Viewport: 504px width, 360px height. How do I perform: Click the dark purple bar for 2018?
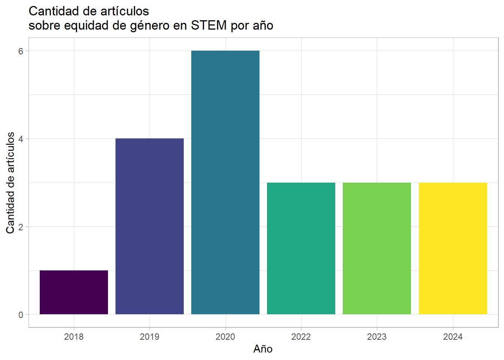[x=74, y=292]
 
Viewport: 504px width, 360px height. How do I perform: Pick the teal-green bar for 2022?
[x=301, y=248]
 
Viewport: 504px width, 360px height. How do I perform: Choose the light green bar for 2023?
[x=377, y=248]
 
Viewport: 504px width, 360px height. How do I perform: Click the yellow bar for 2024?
[x=453, y=248]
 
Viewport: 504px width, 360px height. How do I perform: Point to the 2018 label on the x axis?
[x=74, y=337]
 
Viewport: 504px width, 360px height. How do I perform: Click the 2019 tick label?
[x=150, y=337]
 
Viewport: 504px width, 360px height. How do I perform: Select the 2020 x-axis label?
[x=225, y=337]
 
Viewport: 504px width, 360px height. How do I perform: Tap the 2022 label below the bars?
[x=301, y=337]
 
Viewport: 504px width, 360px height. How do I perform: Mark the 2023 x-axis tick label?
[x=377, y=337]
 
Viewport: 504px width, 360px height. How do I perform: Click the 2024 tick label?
[x=453, y=337]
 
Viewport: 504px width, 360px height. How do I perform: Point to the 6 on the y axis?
[x=21, y=51]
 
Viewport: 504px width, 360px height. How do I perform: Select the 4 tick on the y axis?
[x=21, y=139]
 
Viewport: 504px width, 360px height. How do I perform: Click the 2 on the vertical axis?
[x=21, y=227]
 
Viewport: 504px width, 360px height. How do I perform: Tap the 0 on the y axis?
[x=21, y=315]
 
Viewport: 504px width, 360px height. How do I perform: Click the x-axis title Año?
[x=263, y=349]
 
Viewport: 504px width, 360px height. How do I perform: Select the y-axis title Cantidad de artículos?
[x=10, y=183]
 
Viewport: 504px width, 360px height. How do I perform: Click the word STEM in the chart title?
[x=209, y=25]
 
